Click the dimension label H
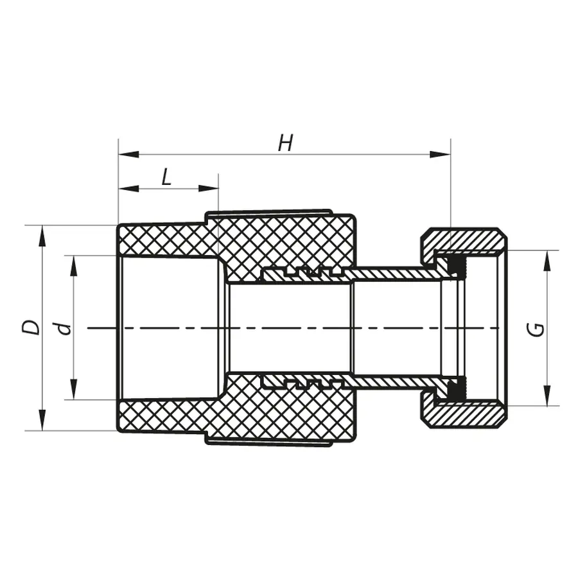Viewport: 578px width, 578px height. (285, 144)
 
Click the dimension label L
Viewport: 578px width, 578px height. (166, 177)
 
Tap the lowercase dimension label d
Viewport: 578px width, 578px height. (63, 328)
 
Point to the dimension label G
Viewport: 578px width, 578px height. (538, 329)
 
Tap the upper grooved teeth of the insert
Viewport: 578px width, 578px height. (302, 272)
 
